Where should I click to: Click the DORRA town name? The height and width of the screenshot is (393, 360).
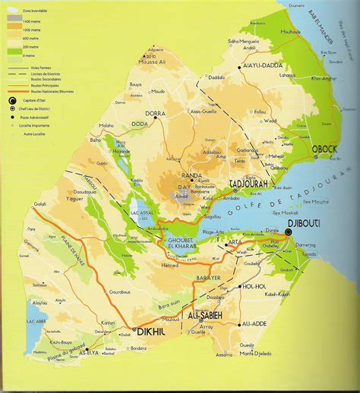click(x=155, y=114)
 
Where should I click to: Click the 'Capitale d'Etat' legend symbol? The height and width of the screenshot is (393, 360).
click(x=13, y=101)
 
